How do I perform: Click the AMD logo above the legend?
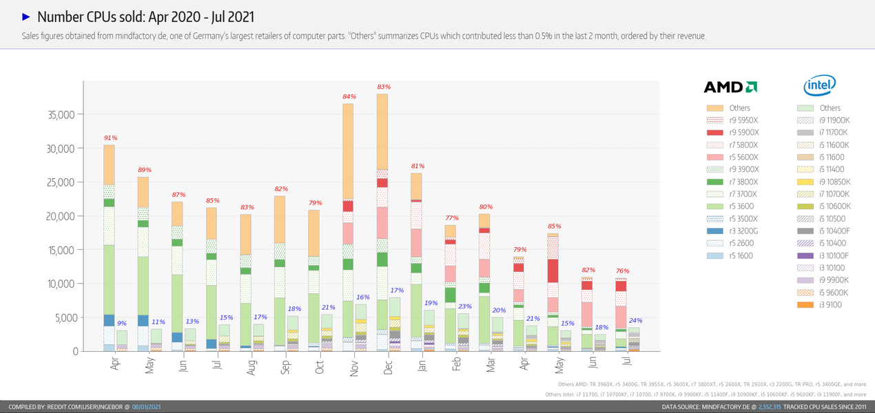click(730, 87)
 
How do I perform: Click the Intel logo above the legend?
click(819, 86)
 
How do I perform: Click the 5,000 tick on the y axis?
click(68, 318)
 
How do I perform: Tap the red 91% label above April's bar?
click(110, 138)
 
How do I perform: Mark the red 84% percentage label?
click(349, 96)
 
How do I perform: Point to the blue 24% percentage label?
click(635, 320)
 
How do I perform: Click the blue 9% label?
click(121, 324)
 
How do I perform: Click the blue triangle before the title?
click(26, 17)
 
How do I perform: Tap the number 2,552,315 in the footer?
click(770, 407)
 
